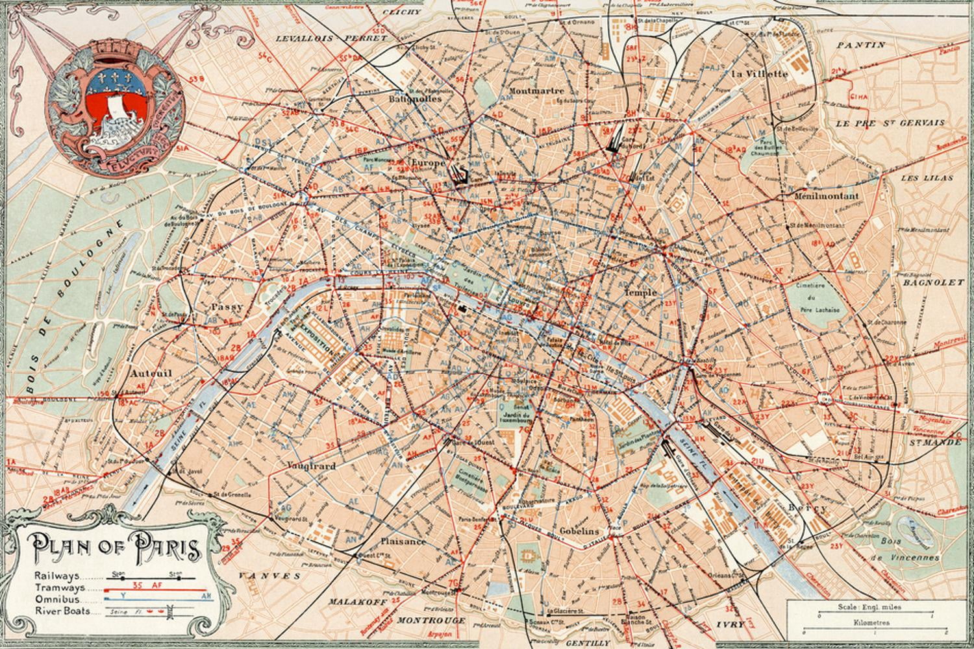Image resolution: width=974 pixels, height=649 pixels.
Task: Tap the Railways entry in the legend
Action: click(58, 576)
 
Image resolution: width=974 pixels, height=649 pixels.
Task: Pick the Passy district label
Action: click(227, 306)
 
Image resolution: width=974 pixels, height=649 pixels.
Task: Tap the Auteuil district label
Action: click(150, 374)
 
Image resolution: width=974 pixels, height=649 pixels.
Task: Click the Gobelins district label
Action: click(579, 530)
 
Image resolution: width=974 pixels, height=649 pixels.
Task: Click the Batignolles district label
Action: click(415, 99)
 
